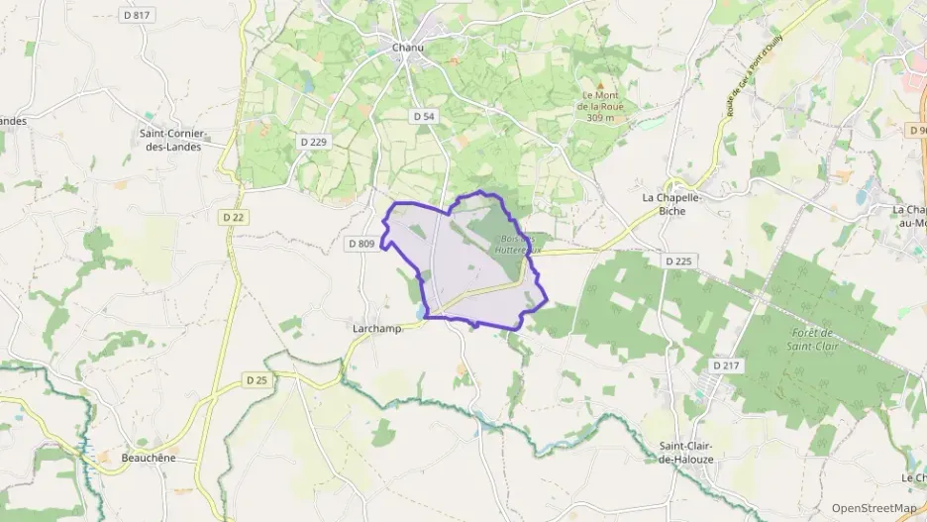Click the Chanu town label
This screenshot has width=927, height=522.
coord(408,46)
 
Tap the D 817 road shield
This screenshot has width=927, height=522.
coord(135,15)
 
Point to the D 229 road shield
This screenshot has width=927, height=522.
coord(314,142)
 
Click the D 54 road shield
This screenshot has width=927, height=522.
coord(423,116)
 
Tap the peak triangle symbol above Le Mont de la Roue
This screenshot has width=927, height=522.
coord(599,86)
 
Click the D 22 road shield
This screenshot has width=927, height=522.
coord(234,217)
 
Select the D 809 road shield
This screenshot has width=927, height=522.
coord(361,244)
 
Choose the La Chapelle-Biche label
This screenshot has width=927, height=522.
coord(671,203)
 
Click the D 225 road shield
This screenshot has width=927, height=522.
coord(678,261)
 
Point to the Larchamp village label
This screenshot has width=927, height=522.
coord(376,328)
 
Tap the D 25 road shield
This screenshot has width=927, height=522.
coord(257,379)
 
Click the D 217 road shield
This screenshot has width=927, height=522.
coord(726,366)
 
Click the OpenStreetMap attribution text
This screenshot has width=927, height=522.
coord(875,508)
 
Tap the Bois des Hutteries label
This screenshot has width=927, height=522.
coord(518,245)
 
